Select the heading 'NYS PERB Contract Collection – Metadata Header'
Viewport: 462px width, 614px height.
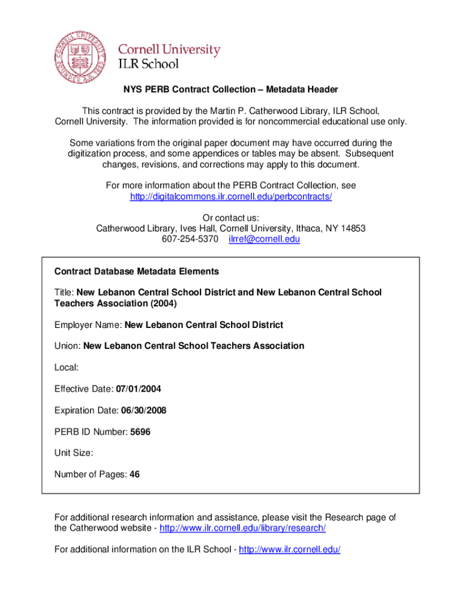tap(231, 89)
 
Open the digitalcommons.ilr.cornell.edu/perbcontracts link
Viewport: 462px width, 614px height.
tap(231, 197)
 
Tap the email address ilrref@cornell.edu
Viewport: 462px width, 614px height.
tap(264, 239)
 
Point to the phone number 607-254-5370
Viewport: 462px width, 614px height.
tap(190, 239)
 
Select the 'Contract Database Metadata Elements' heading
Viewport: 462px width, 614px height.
tap(137, 272)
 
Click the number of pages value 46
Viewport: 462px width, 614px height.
tap(134, 474)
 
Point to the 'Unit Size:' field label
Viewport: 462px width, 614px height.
tap(74, 453)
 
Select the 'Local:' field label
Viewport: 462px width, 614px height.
tap(67, 368)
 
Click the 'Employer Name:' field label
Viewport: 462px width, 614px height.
tap(88, 325)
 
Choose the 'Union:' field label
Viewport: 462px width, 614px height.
tap(67, 346)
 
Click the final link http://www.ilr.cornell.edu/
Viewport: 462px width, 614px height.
tap(289, 549)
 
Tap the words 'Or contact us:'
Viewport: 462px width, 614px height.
tap(231, 218)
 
